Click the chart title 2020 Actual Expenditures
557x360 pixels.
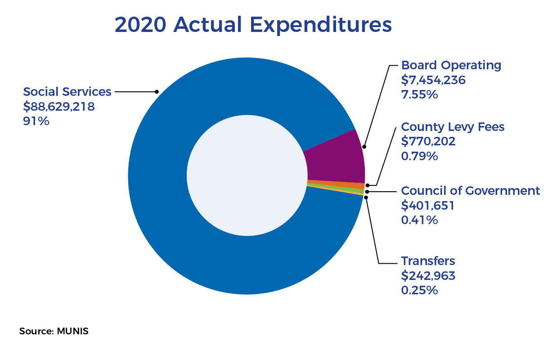pos(253,25)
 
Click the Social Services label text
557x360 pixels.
pos(67,92)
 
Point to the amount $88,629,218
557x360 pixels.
pos(58,107)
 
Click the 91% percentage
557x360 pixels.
pos(36,121)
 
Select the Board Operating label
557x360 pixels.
pos(451,65)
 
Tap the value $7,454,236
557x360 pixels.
pos(433,80)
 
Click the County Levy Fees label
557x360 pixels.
pos(453,127)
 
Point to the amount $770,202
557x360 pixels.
pos(428,141)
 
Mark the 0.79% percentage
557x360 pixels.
pos(419,156)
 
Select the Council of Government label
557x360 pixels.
pos(470,191)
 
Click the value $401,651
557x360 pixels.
pos(427,206)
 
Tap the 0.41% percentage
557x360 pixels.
pos(419,220)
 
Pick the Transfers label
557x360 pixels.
pos(428,261)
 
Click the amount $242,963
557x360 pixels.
pos(428,275)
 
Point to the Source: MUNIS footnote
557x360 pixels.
pos(54,332)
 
